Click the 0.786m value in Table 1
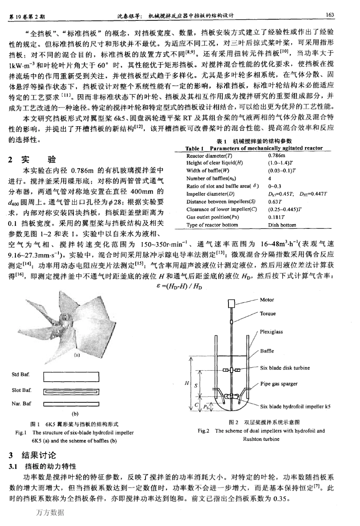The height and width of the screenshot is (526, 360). click(x=277, y=155)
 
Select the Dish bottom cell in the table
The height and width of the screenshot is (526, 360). click(x=282, y=225)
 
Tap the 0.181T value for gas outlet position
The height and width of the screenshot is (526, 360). click(x=276, y=217)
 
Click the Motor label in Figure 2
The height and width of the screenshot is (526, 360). click(x=267, y=300)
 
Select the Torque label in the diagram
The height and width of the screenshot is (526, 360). click(x=268, y=313)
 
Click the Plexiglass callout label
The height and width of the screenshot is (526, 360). click(x=271, y=332)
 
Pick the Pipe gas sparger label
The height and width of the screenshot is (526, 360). click(x=279, y=384)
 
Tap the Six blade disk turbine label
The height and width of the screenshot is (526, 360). click(x=285, y=368)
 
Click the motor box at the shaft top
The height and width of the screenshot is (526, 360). click(x=232, y=303)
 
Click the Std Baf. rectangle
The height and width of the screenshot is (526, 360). click(x=71, y=377)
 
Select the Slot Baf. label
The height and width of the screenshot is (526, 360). click(x=22, y=390)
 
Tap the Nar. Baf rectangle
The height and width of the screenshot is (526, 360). click(x=71, y=404)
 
